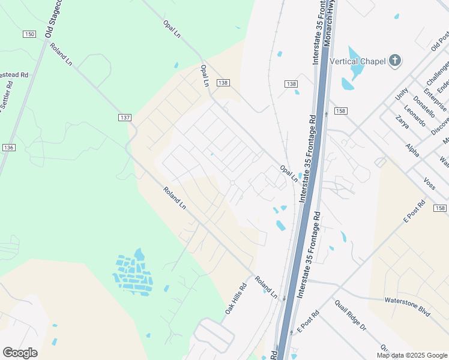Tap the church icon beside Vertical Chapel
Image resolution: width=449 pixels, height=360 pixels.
coord(394,60)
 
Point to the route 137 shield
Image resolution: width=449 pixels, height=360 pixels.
coord(124,118)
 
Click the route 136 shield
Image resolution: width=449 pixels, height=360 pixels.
coord(8,147)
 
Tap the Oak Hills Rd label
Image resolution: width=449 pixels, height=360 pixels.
coord(236,299)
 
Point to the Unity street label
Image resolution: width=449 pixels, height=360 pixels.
coord(401,94)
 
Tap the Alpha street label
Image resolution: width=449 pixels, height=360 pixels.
coord(412,149)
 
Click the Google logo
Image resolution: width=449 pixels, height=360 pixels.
coord(20,353)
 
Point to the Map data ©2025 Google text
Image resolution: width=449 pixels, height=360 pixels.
coord(412,355)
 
